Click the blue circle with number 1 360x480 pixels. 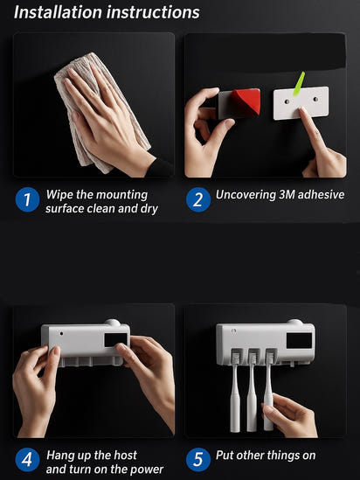coord(28,199)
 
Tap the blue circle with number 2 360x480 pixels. coord(198,199)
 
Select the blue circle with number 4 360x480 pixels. coord(28,460)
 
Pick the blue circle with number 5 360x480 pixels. coord(198,460)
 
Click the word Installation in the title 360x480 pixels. coord(58,12)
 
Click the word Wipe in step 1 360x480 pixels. coord(59,196)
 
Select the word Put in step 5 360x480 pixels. coord(225,456)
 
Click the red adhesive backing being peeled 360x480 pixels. coord(246,101)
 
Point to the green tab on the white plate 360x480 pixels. coord(299,84)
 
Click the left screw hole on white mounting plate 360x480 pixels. coord(287,101)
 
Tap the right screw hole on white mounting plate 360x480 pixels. coord(315,99)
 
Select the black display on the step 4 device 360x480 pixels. coord(115,340)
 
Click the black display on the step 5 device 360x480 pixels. coord(299,340)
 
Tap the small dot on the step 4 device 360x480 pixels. coord(62,334)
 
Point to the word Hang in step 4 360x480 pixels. coord(60,456)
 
